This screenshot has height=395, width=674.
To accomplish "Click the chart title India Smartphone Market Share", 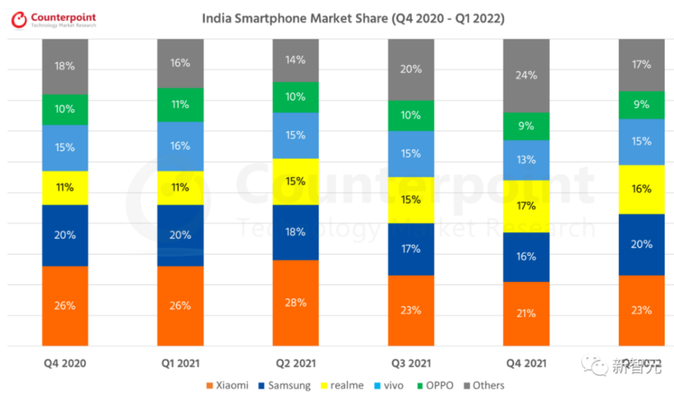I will click(x=353, y=19).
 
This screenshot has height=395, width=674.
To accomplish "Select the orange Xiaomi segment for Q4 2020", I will click(x=65, y=305).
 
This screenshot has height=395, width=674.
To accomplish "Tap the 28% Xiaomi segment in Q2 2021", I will click(x=295, y=303).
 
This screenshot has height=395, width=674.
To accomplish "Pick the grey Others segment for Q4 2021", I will click(x=526, y=76).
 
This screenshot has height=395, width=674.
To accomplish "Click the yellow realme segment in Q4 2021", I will click(x=526, y=206).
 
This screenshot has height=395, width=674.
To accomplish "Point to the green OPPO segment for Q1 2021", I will click(x=180, y=104).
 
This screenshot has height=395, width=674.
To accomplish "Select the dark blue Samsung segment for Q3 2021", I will click(x=411, y=249).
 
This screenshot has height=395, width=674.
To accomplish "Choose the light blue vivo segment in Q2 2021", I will click(x=295, y=135).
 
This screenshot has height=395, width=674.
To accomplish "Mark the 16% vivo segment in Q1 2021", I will click(x=180, y=145).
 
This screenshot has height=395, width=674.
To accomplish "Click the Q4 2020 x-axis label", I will click(x=65, y=363).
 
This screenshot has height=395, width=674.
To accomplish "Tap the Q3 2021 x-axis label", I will click(x=411, y=363).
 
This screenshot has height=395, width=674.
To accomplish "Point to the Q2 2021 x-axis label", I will click(x=295, y=363).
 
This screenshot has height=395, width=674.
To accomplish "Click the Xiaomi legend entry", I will click(x=227, y=385).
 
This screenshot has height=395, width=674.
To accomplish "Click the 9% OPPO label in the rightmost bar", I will click(x=641, y=105).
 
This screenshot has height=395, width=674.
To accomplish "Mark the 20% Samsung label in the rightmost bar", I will click(x=641, y=244).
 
